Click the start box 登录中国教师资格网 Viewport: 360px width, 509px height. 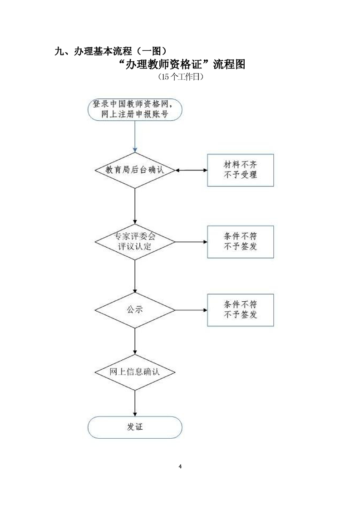tap(135, 109)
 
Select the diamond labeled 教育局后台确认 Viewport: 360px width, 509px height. tap(135, 171)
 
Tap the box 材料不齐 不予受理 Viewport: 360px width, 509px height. tap(241, 170)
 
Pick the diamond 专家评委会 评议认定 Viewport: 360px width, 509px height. tap(135, 242)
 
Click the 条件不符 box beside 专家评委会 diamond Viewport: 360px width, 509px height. tap(241, 242)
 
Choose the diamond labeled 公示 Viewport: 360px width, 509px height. tap(135, 310)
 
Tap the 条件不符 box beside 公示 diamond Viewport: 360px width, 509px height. tap(241, 310)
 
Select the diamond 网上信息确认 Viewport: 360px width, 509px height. tap(135, 372)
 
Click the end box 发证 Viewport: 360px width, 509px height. tap(135, 427)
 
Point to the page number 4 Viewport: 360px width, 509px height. tap(180, 467)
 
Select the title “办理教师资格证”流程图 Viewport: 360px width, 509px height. tap(180, 64)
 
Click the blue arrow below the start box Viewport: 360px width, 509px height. tap(135, 136)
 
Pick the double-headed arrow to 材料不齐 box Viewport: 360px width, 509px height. tap(191, 171)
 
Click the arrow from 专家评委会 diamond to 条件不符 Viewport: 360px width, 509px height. tap(191, 242)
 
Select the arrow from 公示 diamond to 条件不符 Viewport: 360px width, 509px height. tap(191, 310)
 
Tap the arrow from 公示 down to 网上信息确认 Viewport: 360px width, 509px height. tap(135, 340)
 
